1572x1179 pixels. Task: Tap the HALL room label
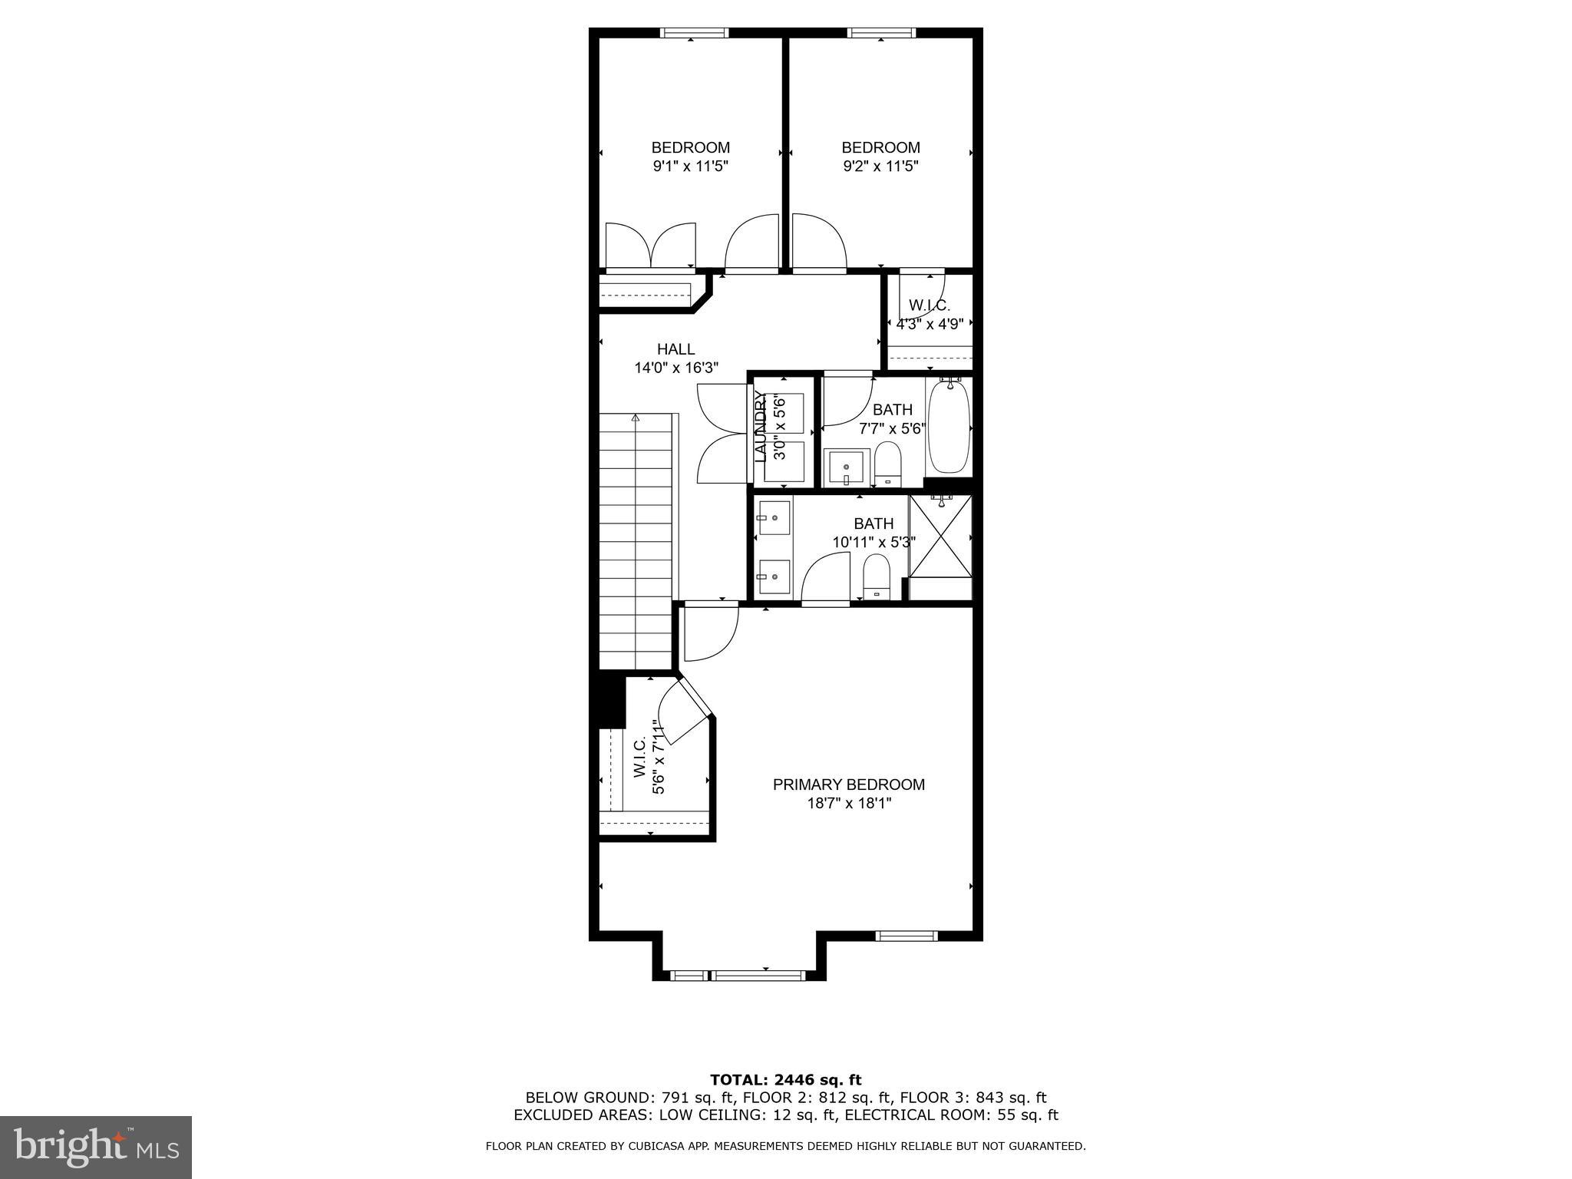(675, 349)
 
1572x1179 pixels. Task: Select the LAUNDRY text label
(761, 427)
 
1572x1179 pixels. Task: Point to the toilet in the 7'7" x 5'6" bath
(887, 464)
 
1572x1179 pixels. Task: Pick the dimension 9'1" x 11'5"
(690, 166)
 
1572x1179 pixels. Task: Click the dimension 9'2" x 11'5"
(880, 166)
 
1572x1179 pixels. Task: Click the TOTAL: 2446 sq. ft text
(785, 1080)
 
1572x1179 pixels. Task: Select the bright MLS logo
(96, 1147)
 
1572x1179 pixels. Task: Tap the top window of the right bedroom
(881, 32)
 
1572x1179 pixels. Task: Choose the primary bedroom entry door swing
(710, 632)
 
